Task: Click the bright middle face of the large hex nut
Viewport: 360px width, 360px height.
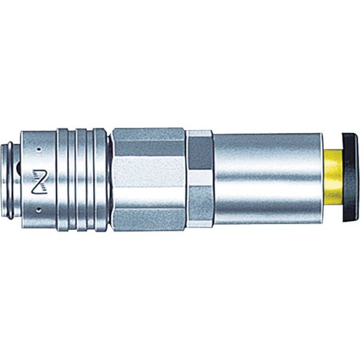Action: tap(148, 179)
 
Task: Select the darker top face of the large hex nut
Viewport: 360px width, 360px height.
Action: tap(148, 142)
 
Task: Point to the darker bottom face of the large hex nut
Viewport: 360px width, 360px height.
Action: tap(148, 217)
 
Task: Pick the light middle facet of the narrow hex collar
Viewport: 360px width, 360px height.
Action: tap(199, 178)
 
